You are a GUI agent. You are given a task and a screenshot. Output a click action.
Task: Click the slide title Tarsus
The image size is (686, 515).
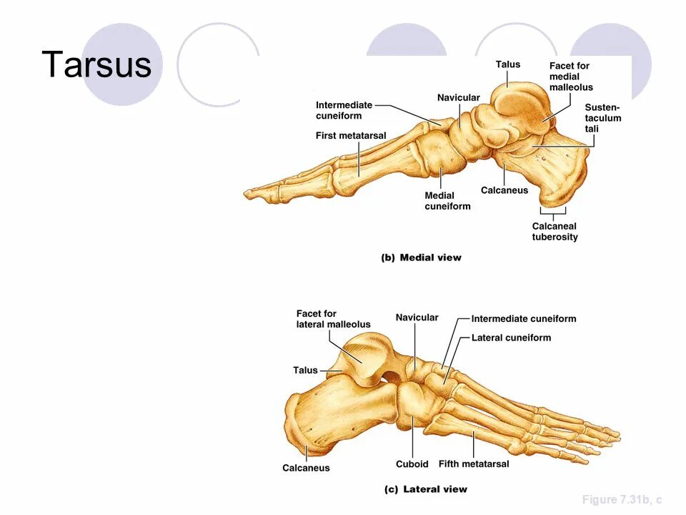click(x=96, y=65)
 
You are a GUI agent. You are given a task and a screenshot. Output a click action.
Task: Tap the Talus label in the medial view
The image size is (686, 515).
click(x=508, y=64)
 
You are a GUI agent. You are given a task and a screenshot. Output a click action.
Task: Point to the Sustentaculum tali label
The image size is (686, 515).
click(x=602, y=118)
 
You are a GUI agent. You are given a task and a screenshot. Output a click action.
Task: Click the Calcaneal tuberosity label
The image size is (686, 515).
click(x=555, y=232)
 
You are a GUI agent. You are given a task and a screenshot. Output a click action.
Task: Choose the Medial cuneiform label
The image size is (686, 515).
click(x=447, y=201)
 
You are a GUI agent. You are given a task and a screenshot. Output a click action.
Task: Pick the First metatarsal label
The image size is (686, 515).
click(x=351, y=135)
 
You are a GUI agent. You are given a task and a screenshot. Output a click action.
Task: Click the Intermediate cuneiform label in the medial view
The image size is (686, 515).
click(x=344, y=110)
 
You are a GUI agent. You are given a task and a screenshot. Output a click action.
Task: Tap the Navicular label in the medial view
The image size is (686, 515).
click(x=458, y=97)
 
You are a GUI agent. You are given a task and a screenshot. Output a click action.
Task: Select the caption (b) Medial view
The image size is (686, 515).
click(x=421, y=257)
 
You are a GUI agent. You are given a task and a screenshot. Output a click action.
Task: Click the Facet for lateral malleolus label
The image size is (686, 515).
click(x=333, y=319)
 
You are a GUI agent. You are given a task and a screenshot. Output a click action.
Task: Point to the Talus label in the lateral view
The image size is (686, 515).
click(x=305, y=370)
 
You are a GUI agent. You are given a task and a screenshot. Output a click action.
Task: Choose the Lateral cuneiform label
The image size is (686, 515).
click(x=511, y=338)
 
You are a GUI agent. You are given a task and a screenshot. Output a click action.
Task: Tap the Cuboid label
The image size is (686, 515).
click(x=412, y=463)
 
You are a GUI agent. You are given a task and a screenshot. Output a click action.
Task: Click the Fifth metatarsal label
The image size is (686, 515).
click(x=474, y=463)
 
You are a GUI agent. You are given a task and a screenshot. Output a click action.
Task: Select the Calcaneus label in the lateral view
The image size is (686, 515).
click(x=306, y=468)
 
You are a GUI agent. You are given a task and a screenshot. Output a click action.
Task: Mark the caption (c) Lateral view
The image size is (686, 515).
click(x=425, y=489)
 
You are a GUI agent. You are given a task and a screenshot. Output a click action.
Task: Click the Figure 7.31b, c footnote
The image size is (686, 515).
click(x=622, y=499)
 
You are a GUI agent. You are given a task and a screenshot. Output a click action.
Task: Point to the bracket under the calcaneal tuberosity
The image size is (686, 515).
click(x=552, y=212)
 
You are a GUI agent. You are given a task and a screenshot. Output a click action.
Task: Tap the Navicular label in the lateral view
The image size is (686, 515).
click(x=417, y=317)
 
